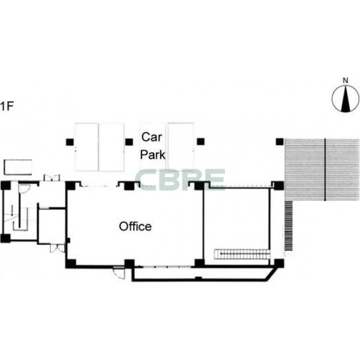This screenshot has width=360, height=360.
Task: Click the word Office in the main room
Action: pyautogui.click(x=135, y=226)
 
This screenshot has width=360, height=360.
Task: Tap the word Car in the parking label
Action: pyautogui.click(x=152, y=137)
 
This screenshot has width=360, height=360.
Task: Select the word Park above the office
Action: pyautogui.click(x=153, y=155)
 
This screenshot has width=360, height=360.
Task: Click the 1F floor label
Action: pyautogui.click(x=7, y=106)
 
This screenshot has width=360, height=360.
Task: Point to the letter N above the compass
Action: pyautogui.click(x=345, y=81)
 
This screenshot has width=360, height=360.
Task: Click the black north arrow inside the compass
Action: pyautogui.click(x=345, y=99)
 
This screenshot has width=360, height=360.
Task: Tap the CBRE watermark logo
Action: pyautogui.click(x=180, y=180)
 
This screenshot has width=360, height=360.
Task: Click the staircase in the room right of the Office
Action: pyautogui.click(x=242, y=254)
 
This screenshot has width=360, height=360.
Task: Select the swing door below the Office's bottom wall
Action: pyautogui.click(x=118, y=273)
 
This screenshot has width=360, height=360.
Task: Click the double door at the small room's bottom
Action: pyautogui.click(x=58, y=248)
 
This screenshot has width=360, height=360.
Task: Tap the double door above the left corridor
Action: pyautogui.click(x=52, y=177)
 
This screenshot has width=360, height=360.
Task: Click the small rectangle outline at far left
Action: pyautogui.click(x=18, y=167)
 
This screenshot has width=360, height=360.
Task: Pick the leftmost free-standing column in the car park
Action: pyautogui.click(x=69, y=142)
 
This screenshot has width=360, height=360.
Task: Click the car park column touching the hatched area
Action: pyautogui.click(x=280, y=142)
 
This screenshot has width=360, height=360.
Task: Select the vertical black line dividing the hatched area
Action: pyautogui.click(x=325, y=169)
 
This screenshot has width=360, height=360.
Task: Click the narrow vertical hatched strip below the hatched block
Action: pyautogui.click(x=289, y=226)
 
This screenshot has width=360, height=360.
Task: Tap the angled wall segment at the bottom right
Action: pyautogui.click(x=270, y=275)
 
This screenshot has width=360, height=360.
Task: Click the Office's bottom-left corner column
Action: pyautogui.click(x=71, y=263)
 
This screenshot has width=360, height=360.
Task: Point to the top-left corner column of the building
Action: pyautogui.click(x=5, y=185)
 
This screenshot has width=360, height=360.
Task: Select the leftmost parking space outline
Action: pyautogui.click(x=87, y=147)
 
